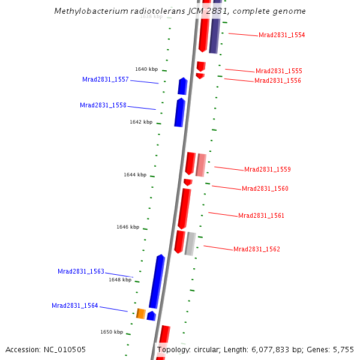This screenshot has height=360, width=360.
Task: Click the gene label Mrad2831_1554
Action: click(x=281, y=35)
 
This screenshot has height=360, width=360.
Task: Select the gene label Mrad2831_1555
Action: click(x=278, y=71)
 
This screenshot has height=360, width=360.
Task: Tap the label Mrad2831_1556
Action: click(x=277, y=80)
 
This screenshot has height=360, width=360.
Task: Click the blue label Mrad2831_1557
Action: click(x=105, y=79)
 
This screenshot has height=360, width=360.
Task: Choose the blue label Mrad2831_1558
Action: click(x=103, y=105)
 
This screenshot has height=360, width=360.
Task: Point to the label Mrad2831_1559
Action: click(x=267, y=169)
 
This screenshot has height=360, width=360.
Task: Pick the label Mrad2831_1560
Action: click(x=265, y=188)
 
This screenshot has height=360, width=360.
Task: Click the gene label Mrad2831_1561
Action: click(x=261, y=215)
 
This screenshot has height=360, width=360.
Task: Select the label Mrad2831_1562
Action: click(x=256, y=249)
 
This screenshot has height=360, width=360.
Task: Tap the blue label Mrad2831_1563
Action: click(x=80, y=271)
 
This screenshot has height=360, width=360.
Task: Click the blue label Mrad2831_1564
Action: click(x=74, y=305)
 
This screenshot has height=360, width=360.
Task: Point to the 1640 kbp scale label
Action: click(x=146, y=69)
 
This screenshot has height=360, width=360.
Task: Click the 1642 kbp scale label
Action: click(x=141, y=122)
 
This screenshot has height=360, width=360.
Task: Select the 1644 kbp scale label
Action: click(x=135, y=175)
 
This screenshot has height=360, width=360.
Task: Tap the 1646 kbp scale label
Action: click(x=128, y=227)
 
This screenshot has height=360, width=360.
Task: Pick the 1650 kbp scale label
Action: click(x=112, y=332)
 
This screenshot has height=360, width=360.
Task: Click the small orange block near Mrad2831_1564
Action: click(x=141, y=313)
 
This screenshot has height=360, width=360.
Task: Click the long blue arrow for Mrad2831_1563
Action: click(x=157, y=281)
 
